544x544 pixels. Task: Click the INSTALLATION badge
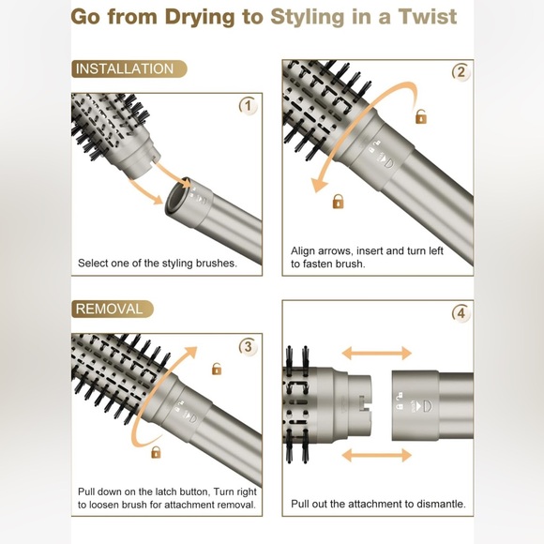(x=129, y=68)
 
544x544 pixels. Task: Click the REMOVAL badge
(x=113, y=309)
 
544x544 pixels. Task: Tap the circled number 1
(x=249, y=105)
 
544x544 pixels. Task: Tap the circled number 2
(x=461, y=72)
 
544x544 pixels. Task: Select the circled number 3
(x=249, y=346)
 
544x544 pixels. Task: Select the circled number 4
(x=461, y=313)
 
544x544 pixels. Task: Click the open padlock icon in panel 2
(x=421, y=116)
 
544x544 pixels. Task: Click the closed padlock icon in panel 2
(x=339, y=202)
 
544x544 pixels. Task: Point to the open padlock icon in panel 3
(x=217, y=369)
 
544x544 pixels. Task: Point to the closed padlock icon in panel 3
(x=156, y=452)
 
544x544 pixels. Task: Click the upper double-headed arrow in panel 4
(x=377, y=354)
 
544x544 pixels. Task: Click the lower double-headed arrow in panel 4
(x=377, y=455)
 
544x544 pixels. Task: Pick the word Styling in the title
(x=307, y=17)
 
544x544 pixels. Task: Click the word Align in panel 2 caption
(x=303, y=251)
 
